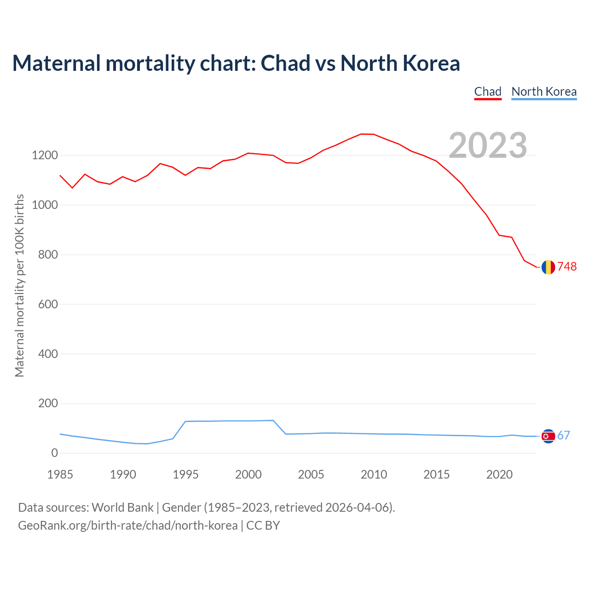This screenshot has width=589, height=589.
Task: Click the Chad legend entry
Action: click(x=488, y=92)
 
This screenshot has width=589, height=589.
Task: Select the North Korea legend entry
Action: click(x=544, y=92)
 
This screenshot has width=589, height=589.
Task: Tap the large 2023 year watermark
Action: click(x=488, y=145)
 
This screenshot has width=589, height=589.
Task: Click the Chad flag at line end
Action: click(x=548, y=267)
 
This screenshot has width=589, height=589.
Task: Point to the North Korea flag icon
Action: click(x=548, y=436)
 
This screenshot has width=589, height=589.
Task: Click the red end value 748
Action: click(x=567, y=267)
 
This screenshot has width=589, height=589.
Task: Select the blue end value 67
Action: click(x=564, y=436)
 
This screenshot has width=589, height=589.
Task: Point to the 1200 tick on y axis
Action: click(x=45, y=156)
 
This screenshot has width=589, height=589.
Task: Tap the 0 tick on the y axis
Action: click(x=55, y=453)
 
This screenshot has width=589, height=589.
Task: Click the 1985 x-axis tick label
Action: click(x=60, y=474)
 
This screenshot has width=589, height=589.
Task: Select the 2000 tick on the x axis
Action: click(x=248, y=474)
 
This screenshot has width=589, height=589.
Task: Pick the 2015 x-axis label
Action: click(x=437, y=474)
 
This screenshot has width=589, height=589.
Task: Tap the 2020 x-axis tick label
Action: click(x=499, y=474)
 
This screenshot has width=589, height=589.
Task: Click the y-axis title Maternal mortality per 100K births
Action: click(x=19, y=285)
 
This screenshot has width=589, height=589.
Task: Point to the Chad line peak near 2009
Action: click(x=362, y=134)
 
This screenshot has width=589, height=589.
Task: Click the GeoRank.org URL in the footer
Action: click(x=128, y=525)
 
